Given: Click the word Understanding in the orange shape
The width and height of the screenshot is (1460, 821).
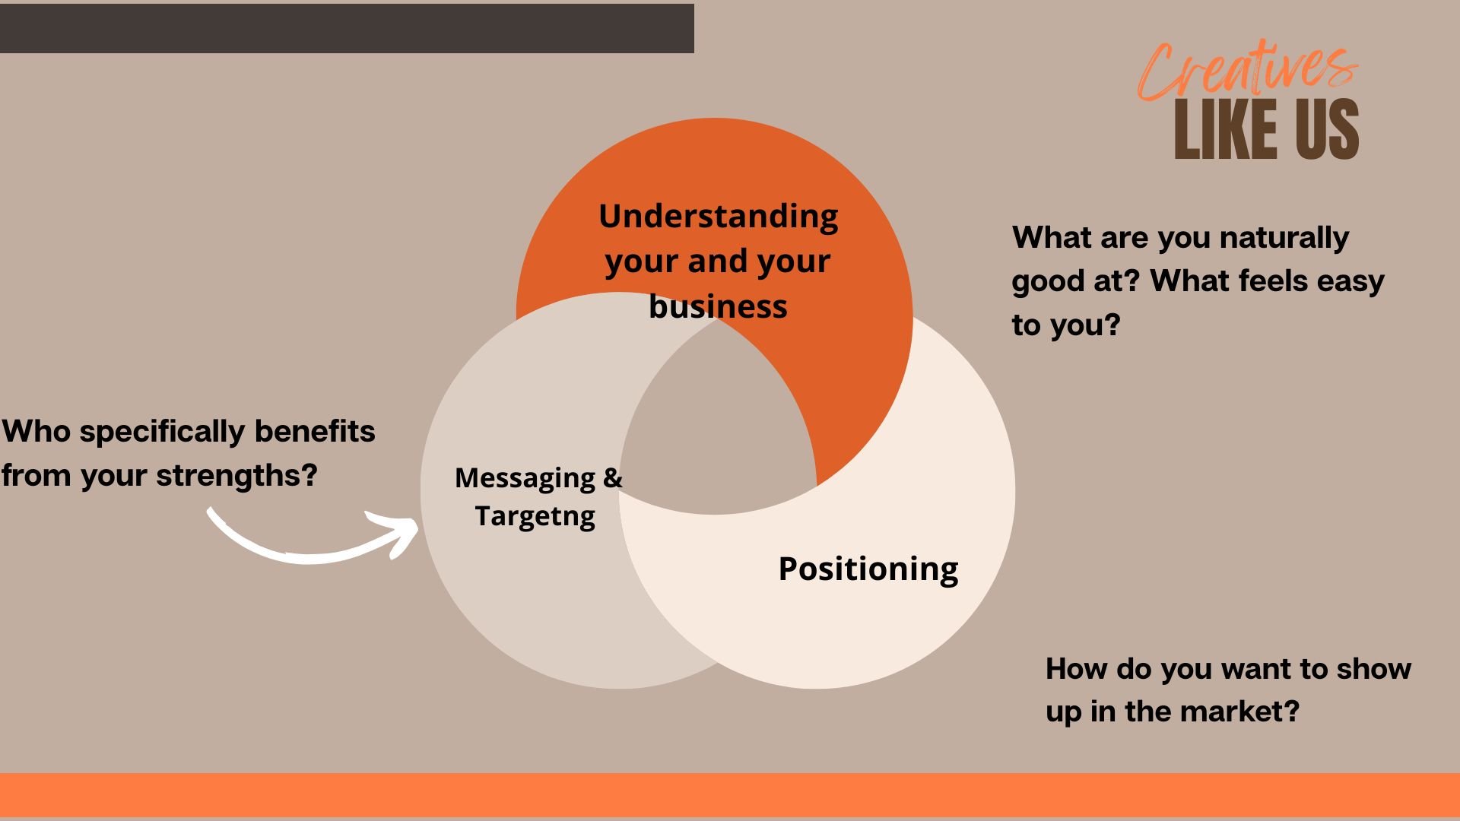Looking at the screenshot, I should [x=718, y=216].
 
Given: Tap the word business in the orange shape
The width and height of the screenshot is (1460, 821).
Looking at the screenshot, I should [x=718, y=306].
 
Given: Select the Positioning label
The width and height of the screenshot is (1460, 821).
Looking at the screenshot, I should [x=868, y=569].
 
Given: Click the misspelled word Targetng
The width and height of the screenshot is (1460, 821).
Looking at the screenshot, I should [x=535, y=516].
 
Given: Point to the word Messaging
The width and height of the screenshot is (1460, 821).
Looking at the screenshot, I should [x=525, y=478].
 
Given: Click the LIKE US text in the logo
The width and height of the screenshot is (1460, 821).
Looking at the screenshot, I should [x=1266, y=130].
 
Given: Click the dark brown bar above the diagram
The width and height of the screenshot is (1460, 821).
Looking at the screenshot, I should [x=346, y=28].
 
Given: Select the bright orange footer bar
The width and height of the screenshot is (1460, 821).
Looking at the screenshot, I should [x=730, y=795].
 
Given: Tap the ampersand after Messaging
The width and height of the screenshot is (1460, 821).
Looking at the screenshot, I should [x=613, y=478].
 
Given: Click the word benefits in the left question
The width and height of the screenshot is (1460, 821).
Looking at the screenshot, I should [x=314, y=432].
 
